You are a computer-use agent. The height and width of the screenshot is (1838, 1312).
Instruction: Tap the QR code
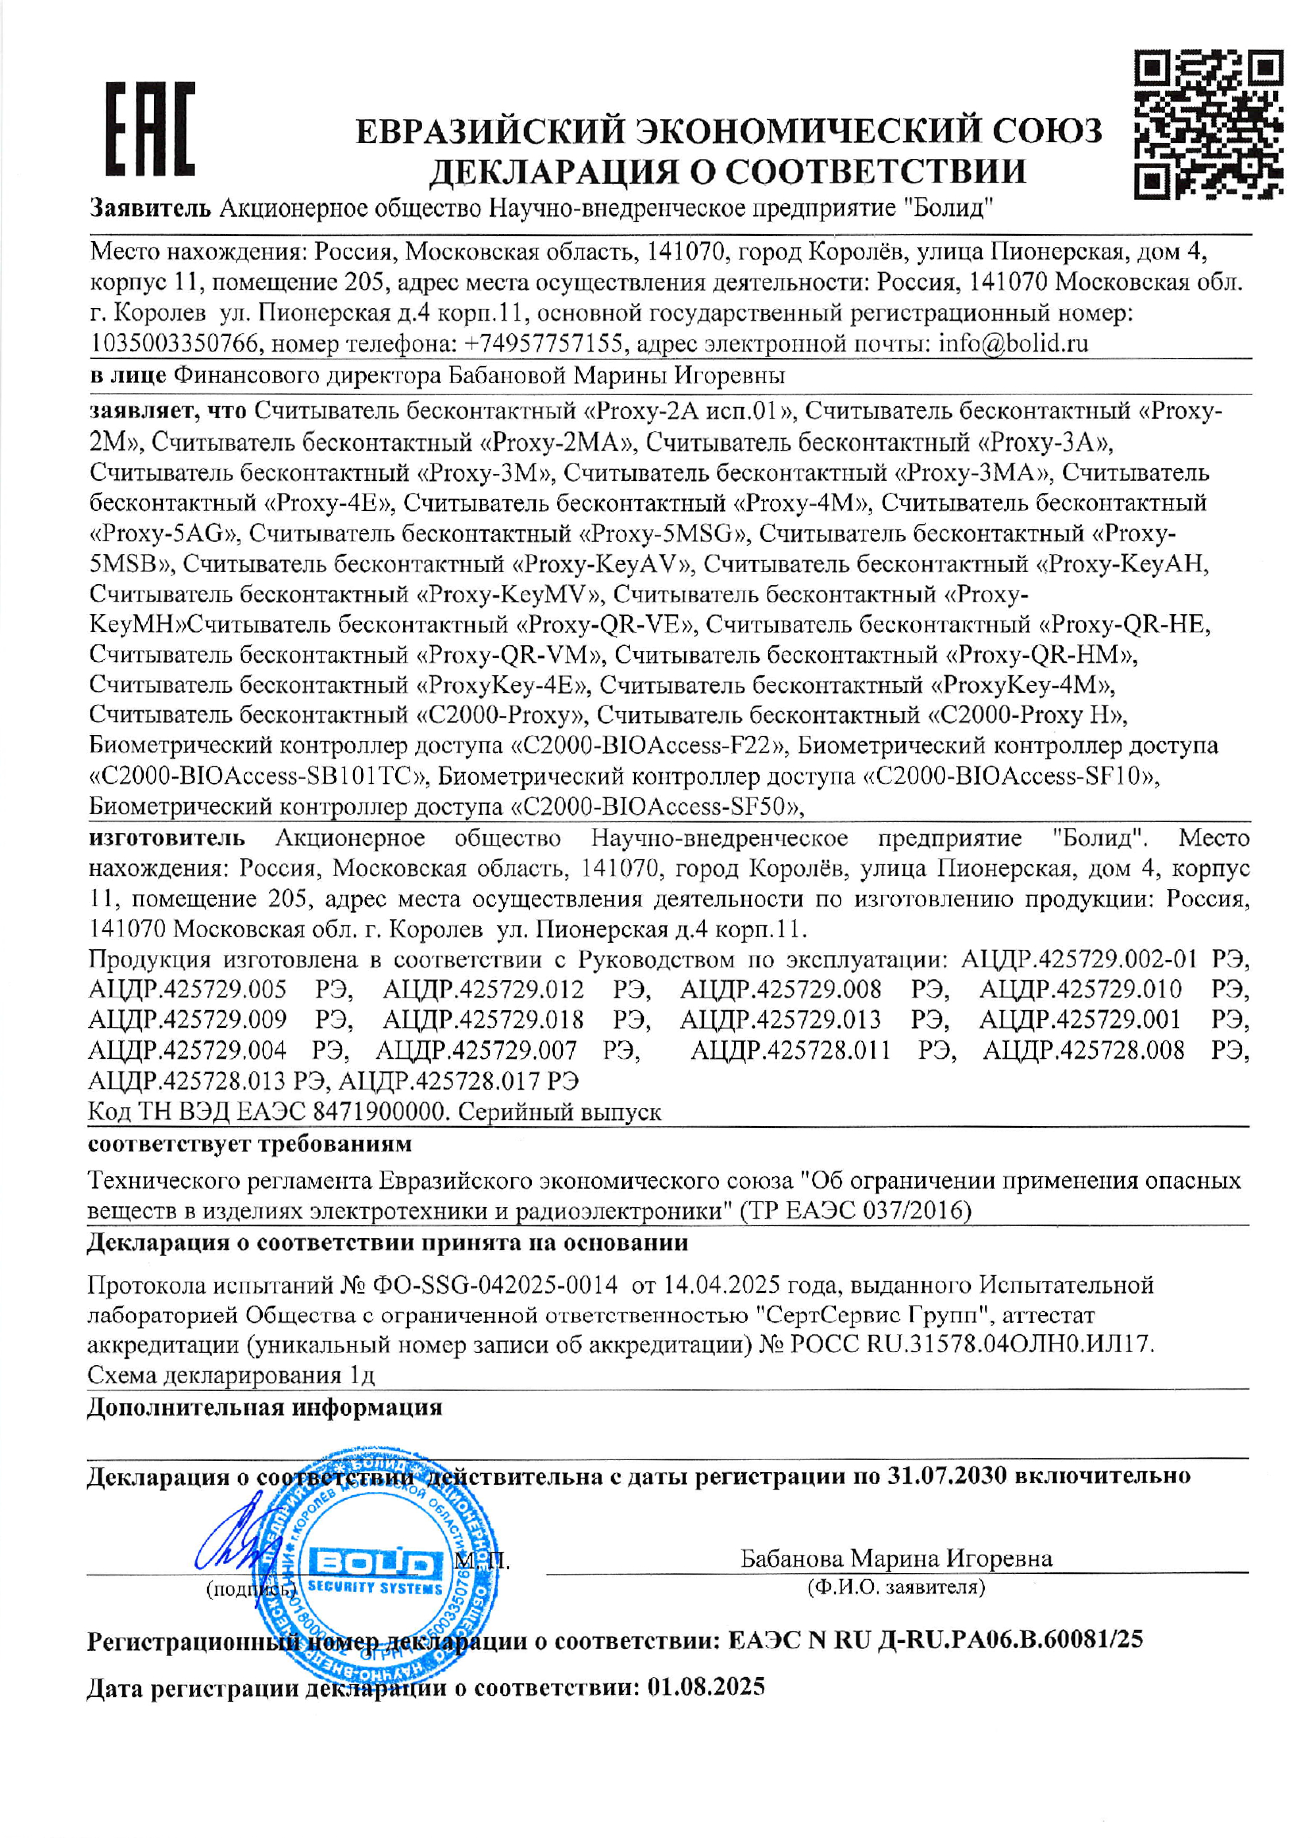(x=1208, y=123)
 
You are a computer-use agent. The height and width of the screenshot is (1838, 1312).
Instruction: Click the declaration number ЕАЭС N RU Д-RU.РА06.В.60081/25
(x=935, y=1639)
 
